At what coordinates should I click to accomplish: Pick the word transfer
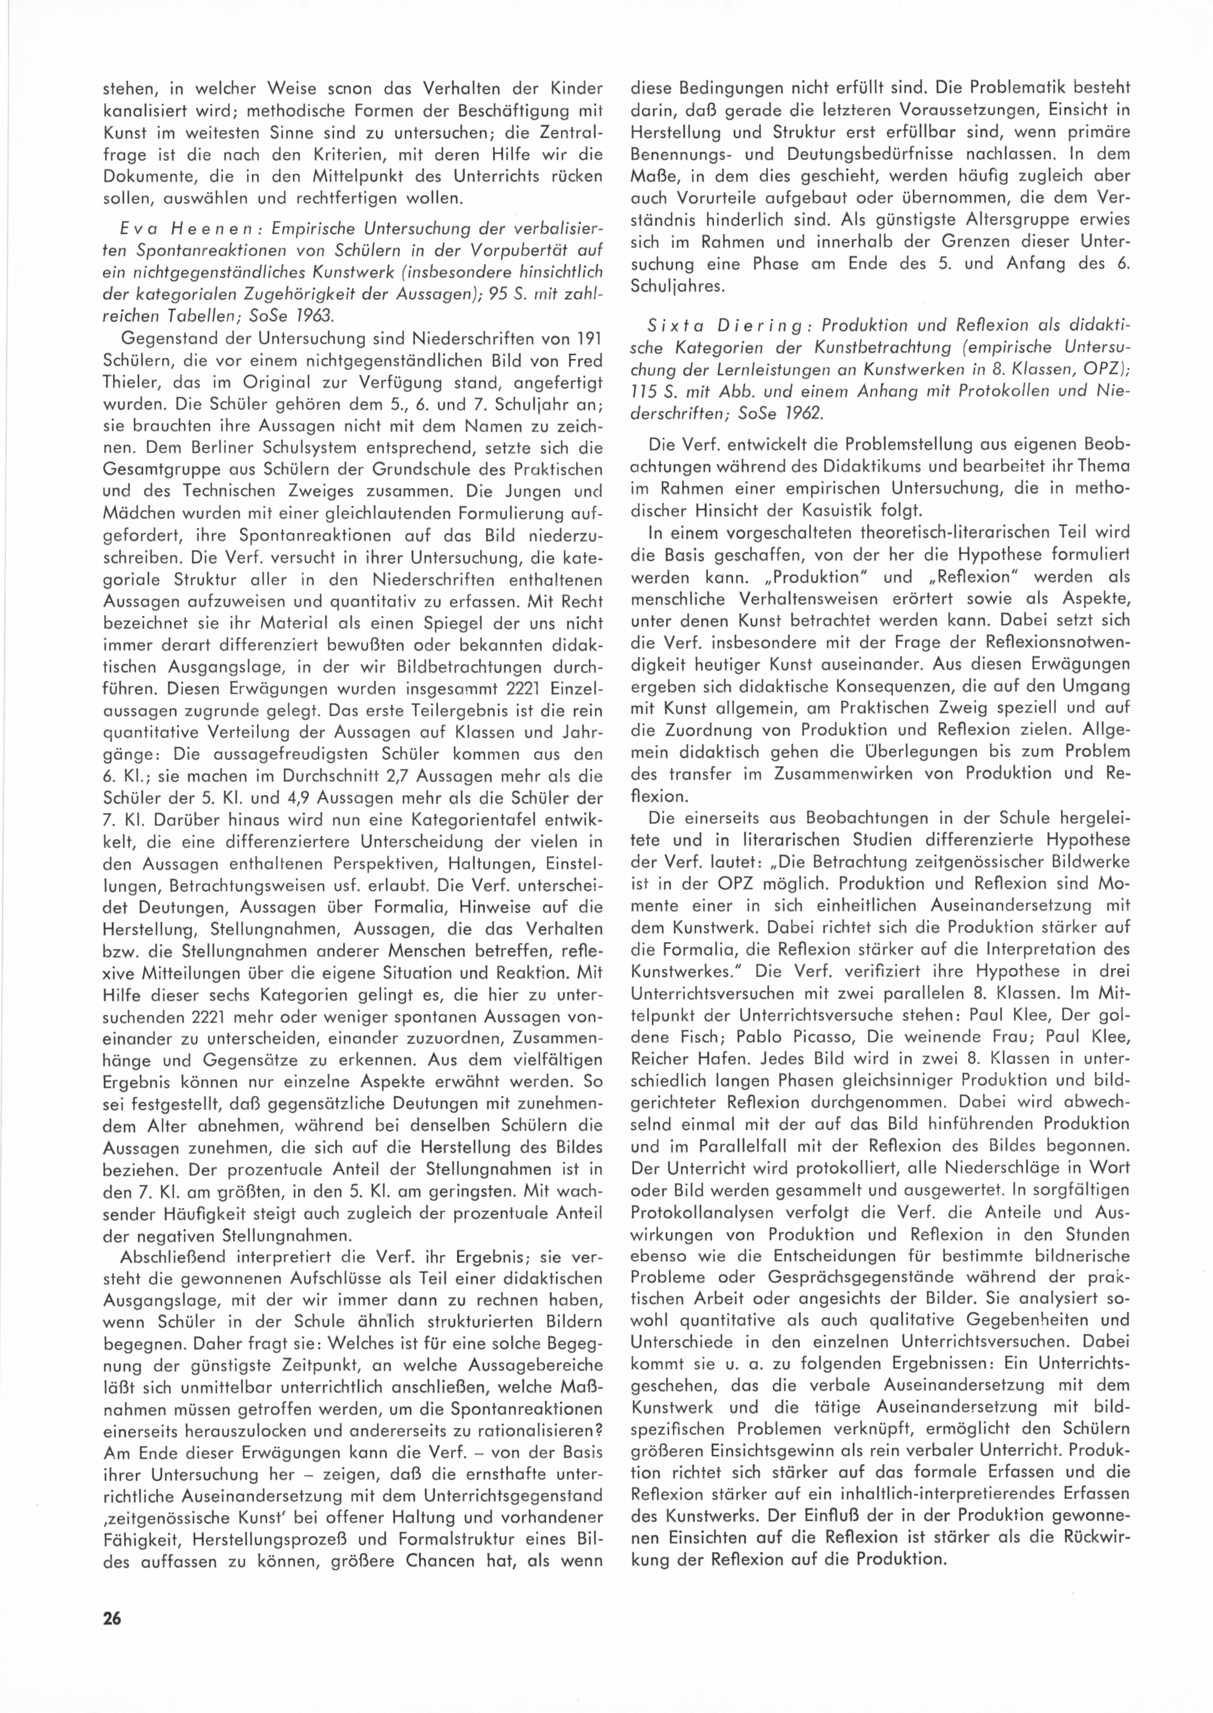tap(707, 773)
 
